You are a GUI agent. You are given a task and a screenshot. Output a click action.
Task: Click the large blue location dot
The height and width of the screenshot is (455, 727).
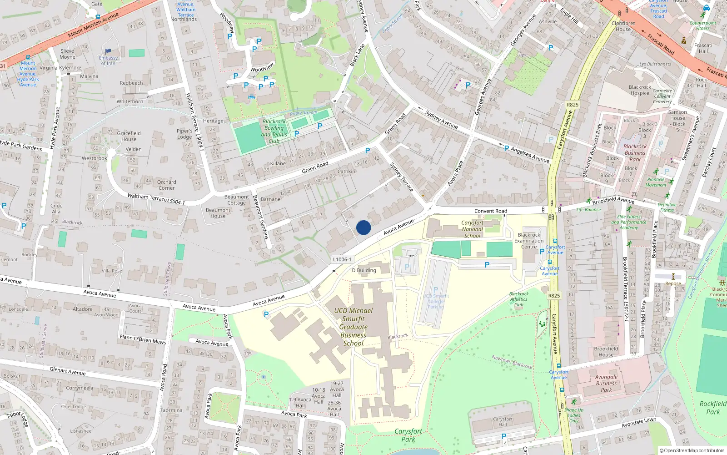pyautogui.click(x=363, y=227)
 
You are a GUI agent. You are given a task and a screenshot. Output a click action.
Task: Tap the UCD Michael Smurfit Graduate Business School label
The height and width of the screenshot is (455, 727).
pyautogui.click(x=354, y=327)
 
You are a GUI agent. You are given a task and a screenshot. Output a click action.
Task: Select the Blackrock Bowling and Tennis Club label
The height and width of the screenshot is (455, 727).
pyautogui.click(x=274, y=131)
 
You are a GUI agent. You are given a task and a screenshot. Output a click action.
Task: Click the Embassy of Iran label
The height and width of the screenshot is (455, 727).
pyautogui.click(x=108, y=61)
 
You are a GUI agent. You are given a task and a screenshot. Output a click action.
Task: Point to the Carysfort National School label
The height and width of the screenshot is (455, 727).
pyautogui.click(x=473, y=229)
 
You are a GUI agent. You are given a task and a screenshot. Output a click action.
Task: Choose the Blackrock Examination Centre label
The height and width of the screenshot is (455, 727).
pyautogui.click(x=529, y=241)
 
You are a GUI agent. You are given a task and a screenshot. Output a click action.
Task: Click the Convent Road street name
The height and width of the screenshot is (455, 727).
pyautogui.click(x=491, y=211)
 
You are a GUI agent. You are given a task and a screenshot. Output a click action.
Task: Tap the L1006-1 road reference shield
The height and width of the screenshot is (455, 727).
pyautogui.click(x=342, y=259)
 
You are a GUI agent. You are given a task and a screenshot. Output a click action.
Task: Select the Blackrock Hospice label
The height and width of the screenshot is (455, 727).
pyautogui.click(x=640, y=90)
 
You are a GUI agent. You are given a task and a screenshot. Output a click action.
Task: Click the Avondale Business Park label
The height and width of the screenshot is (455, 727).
pyautogui.click(x=607, y=383)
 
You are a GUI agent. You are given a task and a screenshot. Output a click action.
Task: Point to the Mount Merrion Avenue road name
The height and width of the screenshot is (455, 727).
pyautogui.click(x=93, y=25)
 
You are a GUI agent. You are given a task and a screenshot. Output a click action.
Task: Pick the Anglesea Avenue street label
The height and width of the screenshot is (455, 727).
pyautogui.click(x=530, y=155)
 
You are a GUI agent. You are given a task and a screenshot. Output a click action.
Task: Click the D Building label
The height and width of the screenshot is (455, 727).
pyautogui.click(x=364, y=270)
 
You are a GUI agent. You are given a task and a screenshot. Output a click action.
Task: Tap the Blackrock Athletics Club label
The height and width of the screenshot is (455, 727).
pyautogui.click(x=519, y=299)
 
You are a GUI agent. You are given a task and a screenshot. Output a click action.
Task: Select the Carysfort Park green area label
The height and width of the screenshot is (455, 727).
pyautogui.click(x=408, y=435)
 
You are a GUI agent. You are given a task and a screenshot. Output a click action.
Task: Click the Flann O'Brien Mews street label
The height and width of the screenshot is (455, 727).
pyautogui.click(x=143, y=339)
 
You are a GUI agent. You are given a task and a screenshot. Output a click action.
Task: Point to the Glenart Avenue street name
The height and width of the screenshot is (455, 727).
pyautogui.click(x=67, y=371)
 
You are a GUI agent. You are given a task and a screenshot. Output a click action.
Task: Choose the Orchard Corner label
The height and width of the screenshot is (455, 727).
pyautogui.click(x=167, y=185)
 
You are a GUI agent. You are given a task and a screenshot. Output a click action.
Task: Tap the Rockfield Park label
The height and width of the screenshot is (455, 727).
pyautogui.click(x=713, y=408)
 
